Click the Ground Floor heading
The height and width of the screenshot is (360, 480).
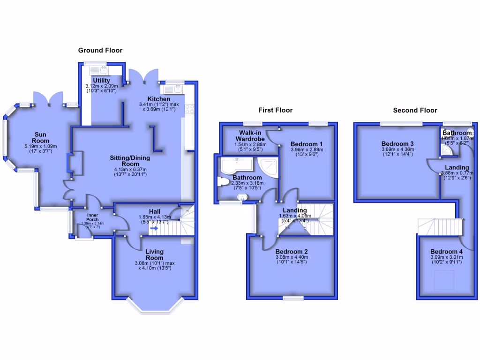click(100, 50)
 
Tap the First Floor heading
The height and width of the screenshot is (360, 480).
click(275, 110)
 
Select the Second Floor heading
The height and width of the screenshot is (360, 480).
click(415, 110)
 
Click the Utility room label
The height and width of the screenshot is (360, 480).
click(101, 81)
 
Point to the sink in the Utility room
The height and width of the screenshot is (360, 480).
click(103, 70)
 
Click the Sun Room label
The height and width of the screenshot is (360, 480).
click(41, 137)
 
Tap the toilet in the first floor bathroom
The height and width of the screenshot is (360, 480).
click(224, 181)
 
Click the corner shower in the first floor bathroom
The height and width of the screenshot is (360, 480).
click(267, 166)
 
